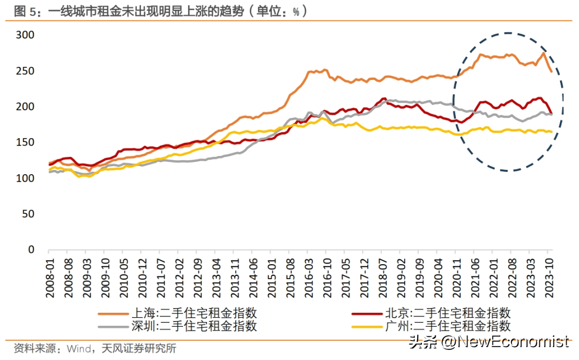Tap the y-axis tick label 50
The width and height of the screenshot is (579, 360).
click(x=28, y=214)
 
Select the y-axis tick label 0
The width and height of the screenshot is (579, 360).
click(x=31, y=250)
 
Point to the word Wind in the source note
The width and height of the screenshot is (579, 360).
click(x=78, y=349)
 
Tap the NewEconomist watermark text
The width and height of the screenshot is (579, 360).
click(x=515, y=341)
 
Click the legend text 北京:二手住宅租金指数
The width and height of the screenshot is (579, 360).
click(x=447, y=313)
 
